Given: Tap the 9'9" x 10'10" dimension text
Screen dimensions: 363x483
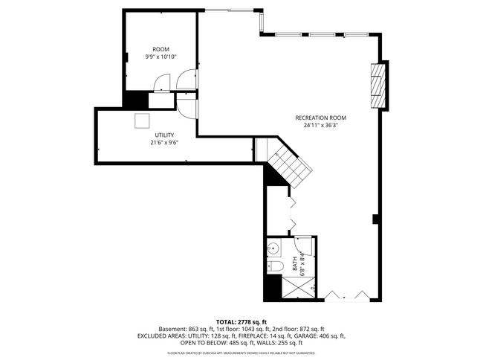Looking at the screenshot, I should [x=161, y=57].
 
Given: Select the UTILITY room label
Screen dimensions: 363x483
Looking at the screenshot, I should [x=164, y=135].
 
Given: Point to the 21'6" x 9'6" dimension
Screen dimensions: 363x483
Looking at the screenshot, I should [x=164, y=143].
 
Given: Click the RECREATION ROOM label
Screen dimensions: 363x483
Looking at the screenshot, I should [x=320, y=118].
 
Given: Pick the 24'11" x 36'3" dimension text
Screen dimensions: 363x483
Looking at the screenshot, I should [x=320, y=126].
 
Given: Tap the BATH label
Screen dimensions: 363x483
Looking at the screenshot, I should [x=294, y=263].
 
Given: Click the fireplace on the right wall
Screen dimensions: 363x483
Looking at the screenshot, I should [x=379, y=85].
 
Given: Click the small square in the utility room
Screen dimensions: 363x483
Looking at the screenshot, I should [x=142, y=121].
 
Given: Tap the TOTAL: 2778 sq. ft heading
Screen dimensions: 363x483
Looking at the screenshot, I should [x=241, y=321].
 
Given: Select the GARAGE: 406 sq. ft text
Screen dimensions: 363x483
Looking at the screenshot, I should [x=322, y=336].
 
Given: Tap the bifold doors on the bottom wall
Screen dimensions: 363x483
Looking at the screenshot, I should [x=346, y=295].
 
